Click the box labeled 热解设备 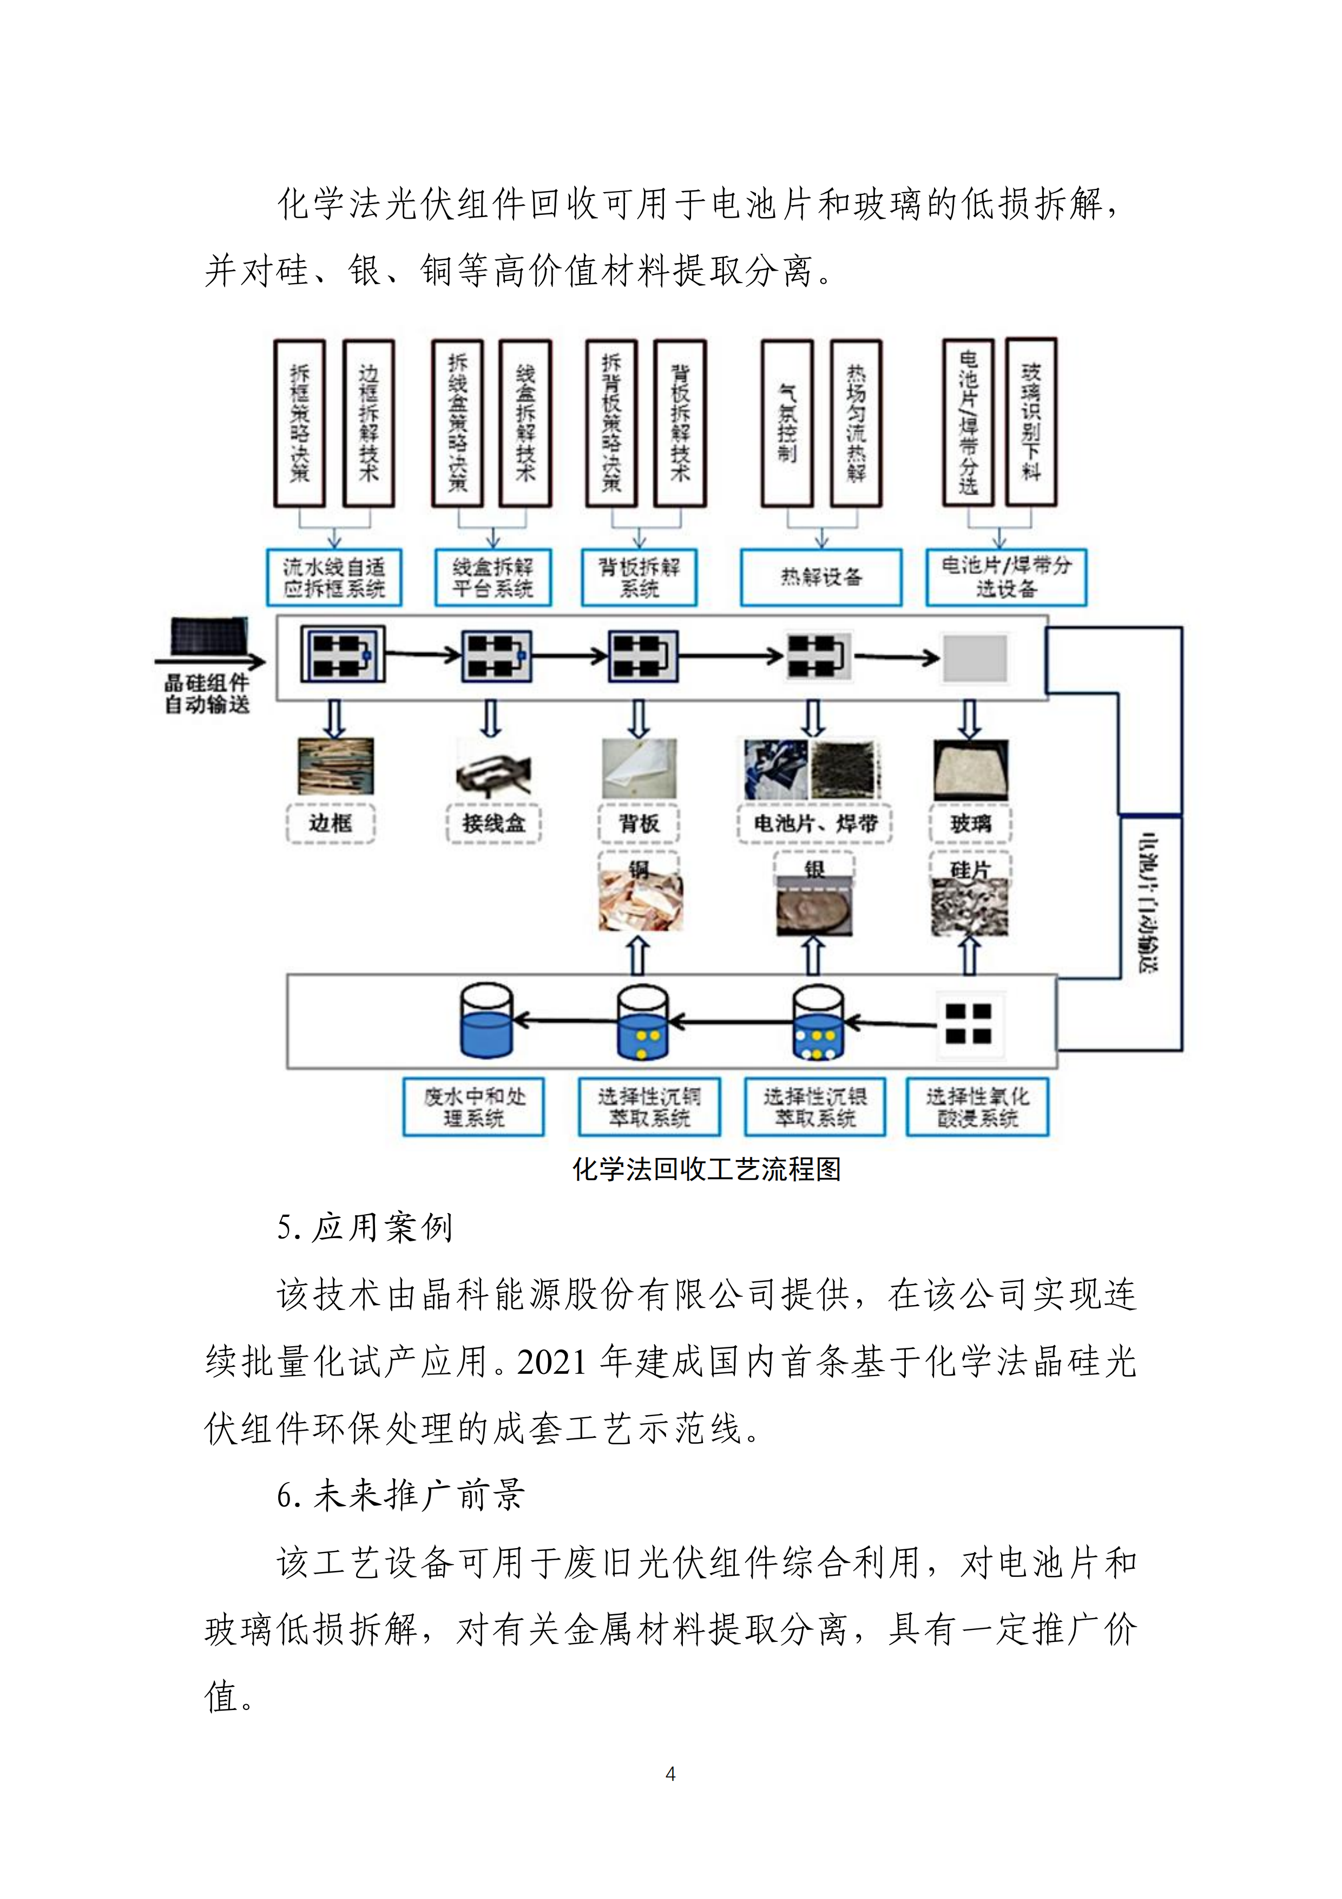820,577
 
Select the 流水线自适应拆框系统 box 334,577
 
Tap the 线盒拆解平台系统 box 493,577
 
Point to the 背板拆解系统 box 639,577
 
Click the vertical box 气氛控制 787,423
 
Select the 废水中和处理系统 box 474,1106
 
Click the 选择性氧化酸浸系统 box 977,1106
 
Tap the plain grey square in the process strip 975,658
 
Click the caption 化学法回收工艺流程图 706,1169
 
